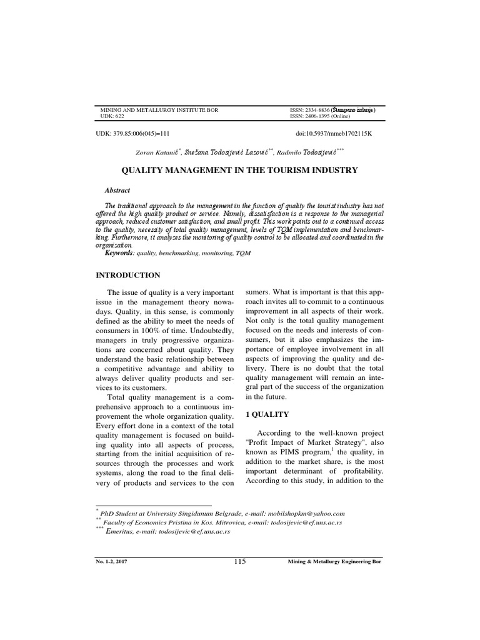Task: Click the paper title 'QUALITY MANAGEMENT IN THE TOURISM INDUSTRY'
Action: click(x=239, y=169)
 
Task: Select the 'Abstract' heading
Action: click(x=117, y=190)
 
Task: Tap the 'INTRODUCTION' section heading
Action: click(x=127, y=275)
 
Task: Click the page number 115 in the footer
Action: click(x=240, y=561)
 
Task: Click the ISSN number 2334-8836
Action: click(x=316, y=110)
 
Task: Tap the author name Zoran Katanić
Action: click(x=156, y=151)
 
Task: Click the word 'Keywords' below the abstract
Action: click(x=119, y=253)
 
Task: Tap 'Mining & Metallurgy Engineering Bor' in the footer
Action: click(x=334, y=562)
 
